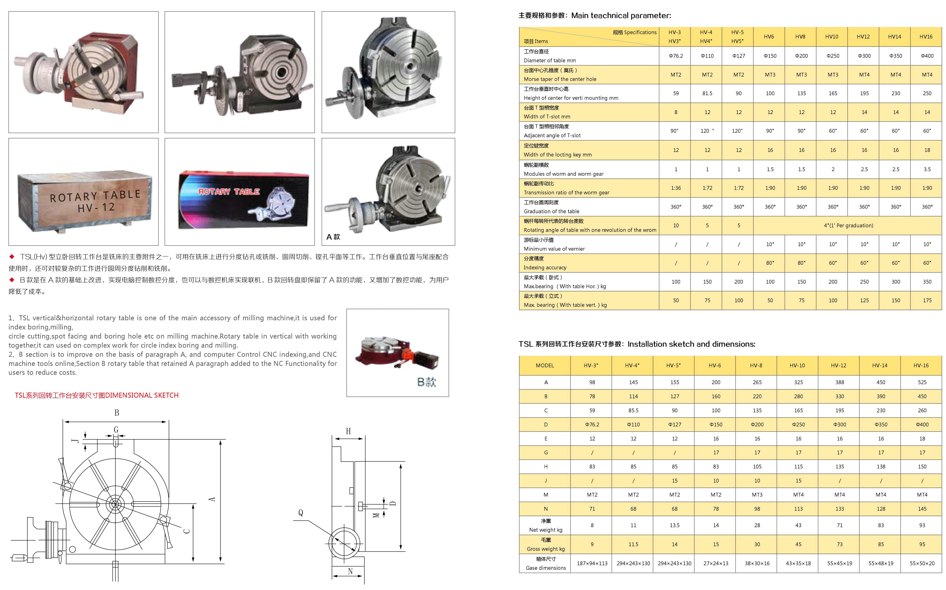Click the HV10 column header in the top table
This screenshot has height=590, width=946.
(832, 37)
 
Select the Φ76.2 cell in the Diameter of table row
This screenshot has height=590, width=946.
(676, 56)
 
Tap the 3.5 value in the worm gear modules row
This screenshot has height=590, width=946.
(927, 169)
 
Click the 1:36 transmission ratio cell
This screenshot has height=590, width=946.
(676, 188)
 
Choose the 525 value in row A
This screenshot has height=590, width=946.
(922, 382)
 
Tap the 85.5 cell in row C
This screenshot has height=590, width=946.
(633, 411)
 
